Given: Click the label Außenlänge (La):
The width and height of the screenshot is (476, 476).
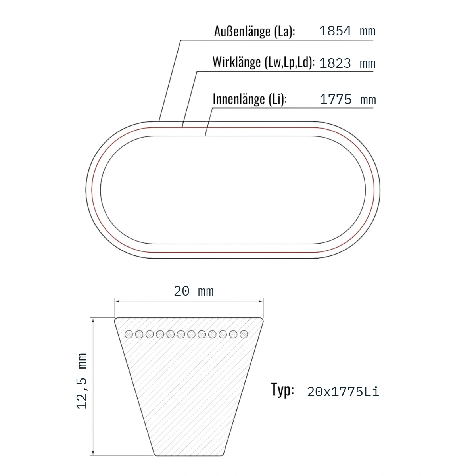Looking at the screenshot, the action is point(254,32).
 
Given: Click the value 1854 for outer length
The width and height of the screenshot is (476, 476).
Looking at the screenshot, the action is point(335,31).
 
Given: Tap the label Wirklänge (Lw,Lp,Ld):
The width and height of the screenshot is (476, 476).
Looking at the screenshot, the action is point(263,62).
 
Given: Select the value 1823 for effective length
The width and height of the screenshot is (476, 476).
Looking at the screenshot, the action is point(335,63).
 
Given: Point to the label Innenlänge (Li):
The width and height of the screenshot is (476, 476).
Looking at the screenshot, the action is point(250,99).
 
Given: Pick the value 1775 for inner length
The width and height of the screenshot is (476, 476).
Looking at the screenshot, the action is point(336,100).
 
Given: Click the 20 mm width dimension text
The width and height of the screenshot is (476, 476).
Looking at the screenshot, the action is point(194,291).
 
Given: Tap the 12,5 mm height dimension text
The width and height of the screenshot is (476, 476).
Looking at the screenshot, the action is point(82,381).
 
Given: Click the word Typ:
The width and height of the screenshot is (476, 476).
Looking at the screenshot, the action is point(282,390).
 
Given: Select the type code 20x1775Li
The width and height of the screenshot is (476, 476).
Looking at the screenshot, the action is point(343,392).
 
